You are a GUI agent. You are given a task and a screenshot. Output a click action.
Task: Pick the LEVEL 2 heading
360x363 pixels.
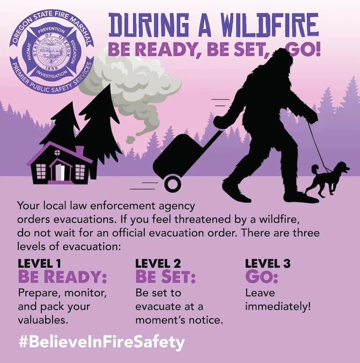point(158,264)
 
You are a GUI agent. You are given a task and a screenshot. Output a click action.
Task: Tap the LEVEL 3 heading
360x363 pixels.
point(267,264)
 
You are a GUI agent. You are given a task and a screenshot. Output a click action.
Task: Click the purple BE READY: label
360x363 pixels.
point(62,277)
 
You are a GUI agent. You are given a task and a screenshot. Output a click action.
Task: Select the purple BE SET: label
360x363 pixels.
point(165,277)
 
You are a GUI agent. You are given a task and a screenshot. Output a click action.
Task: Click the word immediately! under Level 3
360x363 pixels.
point(278,307)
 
